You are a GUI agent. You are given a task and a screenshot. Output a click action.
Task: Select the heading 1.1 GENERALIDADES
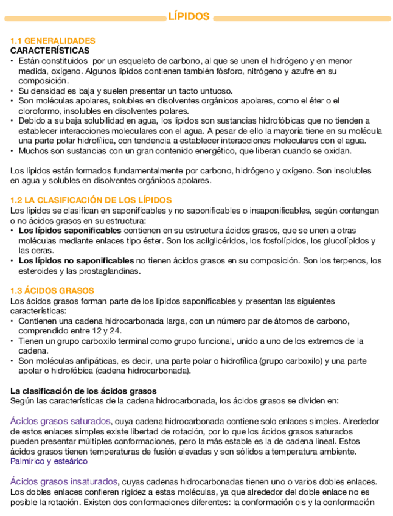coord(53,41)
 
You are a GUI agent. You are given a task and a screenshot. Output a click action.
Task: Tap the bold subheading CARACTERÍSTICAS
coord(50,51)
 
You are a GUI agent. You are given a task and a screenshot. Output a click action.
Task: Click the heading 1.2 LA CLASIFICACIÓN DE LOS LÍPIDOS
coord(91,200)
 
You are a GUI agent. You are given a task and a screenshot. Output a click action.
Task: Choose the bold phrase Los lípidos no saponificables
coord(76,261)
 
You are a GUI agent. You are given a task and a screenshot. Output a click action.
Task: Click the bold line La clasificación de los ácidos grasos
coord(83,391)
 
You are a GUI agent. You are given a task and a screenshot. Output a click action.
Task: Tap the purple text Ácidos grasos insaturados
coord(63,481)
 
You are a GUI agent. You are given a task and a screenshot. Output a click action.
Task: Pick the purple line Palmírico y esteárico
coord(49,461)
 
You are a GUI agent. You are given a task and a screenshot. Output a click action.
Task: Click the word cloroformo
coord(40,111)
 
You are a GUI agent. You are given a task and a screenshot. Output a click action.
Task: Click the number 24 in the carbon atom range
coord(116,331)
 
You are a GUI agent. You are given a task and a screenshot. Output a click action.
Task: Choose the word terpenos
coord(352,261)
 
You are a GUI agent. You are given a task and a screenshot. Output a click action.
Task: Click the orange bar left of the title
coord(85,18)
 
